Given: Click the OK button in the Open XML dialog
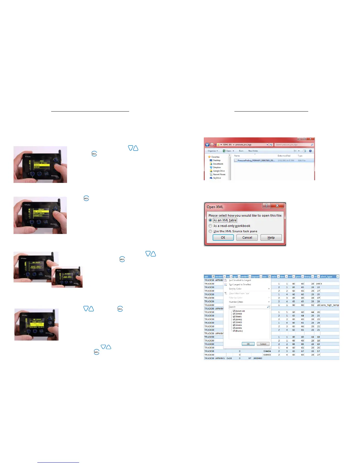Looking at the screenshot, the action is [x=223, y=237].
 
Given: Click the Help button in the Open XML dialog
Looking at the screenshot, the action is [x=271, y=237].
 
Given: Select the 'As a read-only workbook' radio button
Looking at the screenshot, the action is [x=210, y=226].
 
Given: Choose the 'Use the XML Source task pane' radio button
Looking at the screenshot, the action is [x=210, y=231].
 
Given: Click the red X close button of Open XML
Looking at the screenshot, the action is [x=277, y=206].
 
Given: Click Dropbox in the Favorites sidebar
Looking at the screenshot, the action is [x=217, y=167].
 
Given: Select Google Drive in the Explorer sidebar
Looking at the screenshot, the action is [x=219, y=171].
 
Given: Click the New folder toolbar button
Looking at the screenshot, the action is [x=253, y=151].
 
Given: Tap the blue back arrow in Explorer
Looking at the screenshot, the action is [x=207, y=145].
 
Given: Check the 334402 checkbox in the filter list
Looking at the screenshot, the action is [x=234, y=319].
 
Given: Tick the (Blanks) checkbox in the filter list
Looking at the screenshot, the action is [x=234, y=331].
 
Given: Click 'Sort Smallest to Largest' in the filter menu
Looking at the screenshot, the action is [x=240, y=280].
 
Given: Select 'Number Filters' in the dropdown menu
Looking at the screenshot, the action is [x=236, y=302].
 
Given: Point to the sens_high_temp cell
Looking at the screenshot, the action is [x=330, y=305].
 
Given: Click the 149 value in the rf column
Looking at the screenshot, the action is [x=318, y=284].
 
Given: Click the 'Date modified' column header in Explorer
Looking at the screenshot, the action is [x=284, y=156].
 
